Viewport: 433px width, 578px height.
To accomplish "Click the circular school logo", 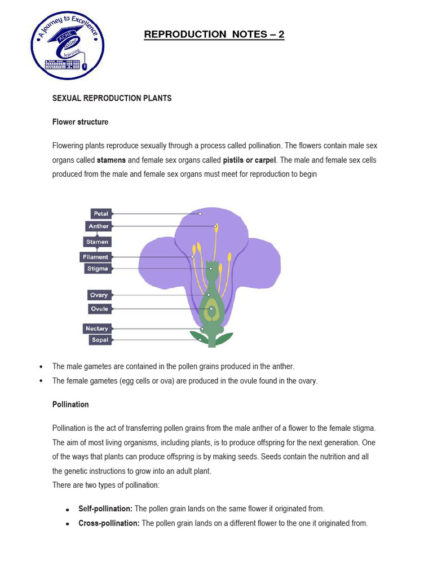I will (67, 47).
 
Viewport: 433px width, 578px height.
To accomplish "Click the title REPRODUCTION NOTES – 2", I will (214, 34).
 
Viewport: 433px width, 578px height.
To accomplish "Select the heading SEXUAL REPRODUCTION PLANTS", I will (112, 98).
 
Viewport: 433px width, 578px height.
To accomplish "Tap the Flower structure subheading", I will (80, 122).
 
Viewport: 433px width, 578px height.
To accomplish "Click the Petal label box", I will (101, 214).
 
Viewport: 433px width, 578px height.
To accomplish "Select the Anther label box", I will (98, 226).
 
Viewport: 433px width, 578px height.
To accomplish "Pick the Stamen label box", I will (97, 242).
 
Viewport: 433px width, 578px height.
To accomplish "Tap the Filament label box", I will (95, 257).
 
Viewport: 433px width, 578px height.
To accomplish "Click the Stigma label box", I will (97, 269).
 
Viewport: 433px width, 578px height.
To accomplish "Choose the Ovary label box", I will (99, 295).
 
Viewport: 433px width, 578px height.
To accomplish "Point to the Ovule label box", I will (99, 309).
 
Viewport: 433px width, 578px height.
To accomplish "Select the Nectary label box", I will (97, 329).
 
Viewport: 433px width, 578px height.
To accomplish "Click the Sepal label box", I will (99, 340).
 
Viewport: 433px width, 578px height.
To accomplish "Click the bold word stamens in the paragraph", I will (111, 160).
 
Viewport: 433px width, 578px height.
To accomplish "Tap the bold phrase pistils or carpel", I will (250, 160).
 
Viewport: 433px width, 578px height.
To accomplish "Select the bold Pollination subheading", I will (70, 405).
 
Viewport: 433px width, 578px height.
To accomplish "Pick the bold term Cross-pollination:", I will (109, 523).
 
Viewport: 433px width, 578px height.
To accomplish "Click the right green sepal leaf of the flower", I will (223, 338).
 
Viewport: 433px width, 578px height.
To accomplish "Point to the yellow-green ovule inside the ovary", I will (212, 309).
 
